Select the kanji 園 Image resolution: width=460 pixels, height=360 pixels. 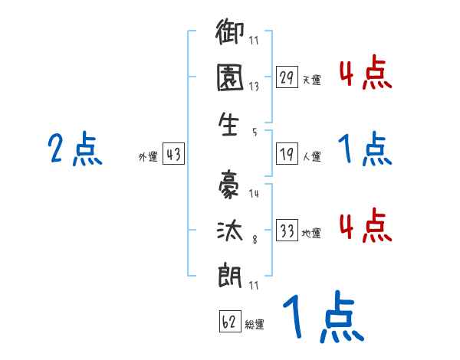click(x=231, y=80)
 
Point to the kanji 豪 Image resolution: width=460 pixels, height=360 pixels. click(x=231, y=187)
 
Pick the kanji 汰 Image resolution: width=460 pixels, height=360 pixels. click(x=231, y=231)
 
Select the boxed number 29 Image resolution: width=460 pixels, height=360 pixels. click(x=287, y=77)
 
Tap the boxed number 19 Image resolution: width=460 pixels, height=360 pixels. click(x=287, y=154)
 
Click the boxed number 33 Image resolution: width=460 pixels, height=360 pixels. click(x=287, y=230)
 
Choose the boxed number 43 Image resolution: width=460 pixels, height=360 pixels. click(x=174, y=154)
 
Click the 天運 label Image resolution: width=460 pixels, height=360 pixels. click(x=311, y=80)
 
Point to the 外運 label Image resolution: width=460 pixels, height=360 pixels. click(x=148, y=157)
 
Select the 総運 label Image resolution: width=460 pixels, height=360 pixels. click(x=255, y=324)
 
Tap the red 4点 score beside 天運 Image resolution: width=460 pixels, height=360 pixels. click(x=365, y=74)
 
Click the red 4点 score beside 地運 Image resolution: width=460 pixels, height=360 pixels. click(x=365, y=226)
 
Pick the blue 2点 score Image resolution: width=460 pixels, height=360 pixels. click(x=75, y=149)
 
